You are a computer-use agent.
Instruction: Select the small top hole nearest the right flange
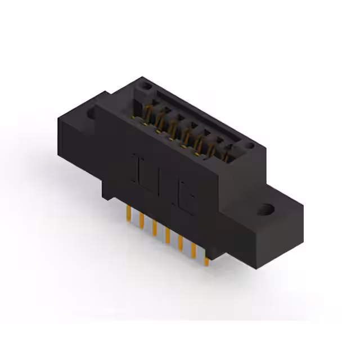(249, 146)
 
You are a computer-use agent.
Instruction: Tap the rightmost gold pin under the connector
(206, 256)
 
